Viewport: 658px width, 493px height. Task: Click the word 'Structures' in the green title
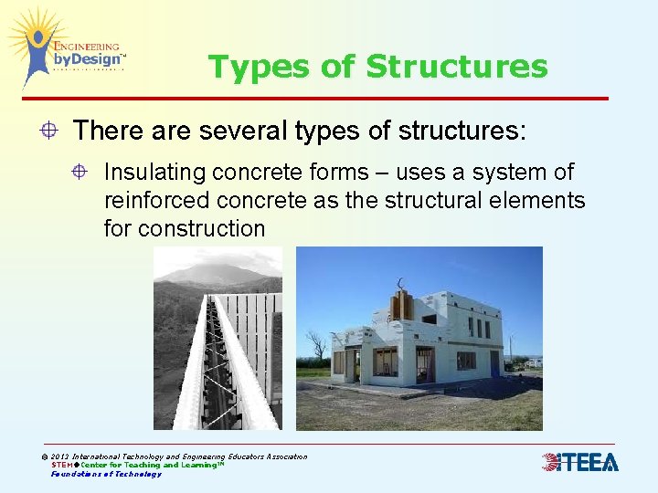tap(456, 68)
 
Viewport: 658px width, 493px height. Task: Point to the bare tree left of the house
tap(317, 346)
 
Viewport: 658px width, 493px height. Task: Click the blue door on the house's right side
tap(494, 362)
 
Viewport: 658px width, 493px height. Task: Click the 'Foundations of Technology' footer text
tap(106, 474)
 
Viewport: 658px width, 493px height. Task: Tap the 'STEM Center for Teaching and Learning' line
tap(137, 465)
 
